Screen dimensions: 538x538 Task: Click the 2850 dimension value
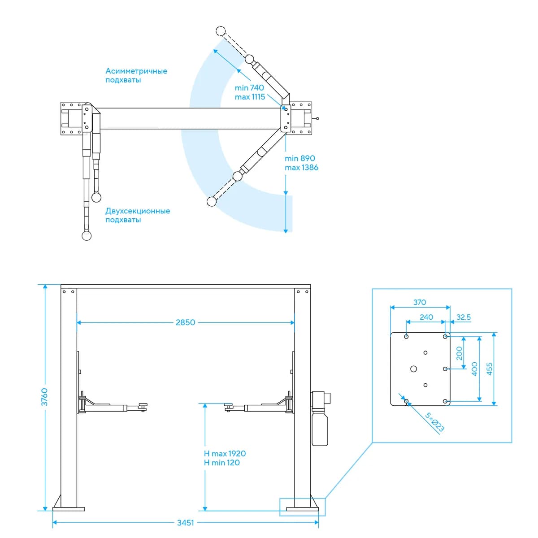tap(185, 322)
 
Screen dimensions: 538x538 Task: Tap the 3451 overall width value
tap(185, 523)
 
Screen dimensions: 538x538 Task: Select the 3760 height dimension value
tap(44, 397)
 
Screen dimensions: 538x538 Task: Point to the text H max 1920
tap(225, 453)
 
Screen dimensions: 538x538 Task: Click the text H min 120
tap(221, 463)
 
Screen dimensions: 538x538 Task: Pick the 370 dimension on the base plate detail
tap(420, 302)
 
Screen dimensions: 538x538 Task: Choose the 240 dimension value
tap(426, 317)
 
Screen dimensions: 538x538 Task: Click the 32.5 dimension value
tap(464, 317)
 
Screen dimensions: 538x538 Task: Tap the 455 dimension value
tap(490, 369)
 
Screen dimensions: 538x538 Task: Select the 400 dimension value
tap(475, 369)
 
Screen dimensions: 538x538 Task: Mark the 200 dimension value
tap(459, 353)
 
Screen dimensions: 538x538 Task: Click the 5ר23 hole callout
tap(434, 422)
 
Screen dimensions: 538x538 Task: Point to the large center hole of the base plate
tap(413, 369)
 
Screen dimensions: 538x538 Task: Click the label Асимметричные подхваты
tap(136, 75)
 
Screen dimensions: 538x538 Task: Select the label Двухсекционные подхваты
tap(138, 215)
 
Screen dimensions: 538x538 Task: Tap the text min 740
tap(249, 88)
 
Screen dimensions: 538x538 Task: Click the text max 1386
tap(302, 168)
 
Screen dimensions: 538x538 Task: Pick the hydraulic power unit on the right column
tap(320, 418)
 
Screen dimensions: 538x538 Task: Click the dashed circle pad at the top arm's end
tap(221, 31)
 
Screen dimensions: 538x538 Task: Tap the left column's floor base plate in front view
tap(69, 509)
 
